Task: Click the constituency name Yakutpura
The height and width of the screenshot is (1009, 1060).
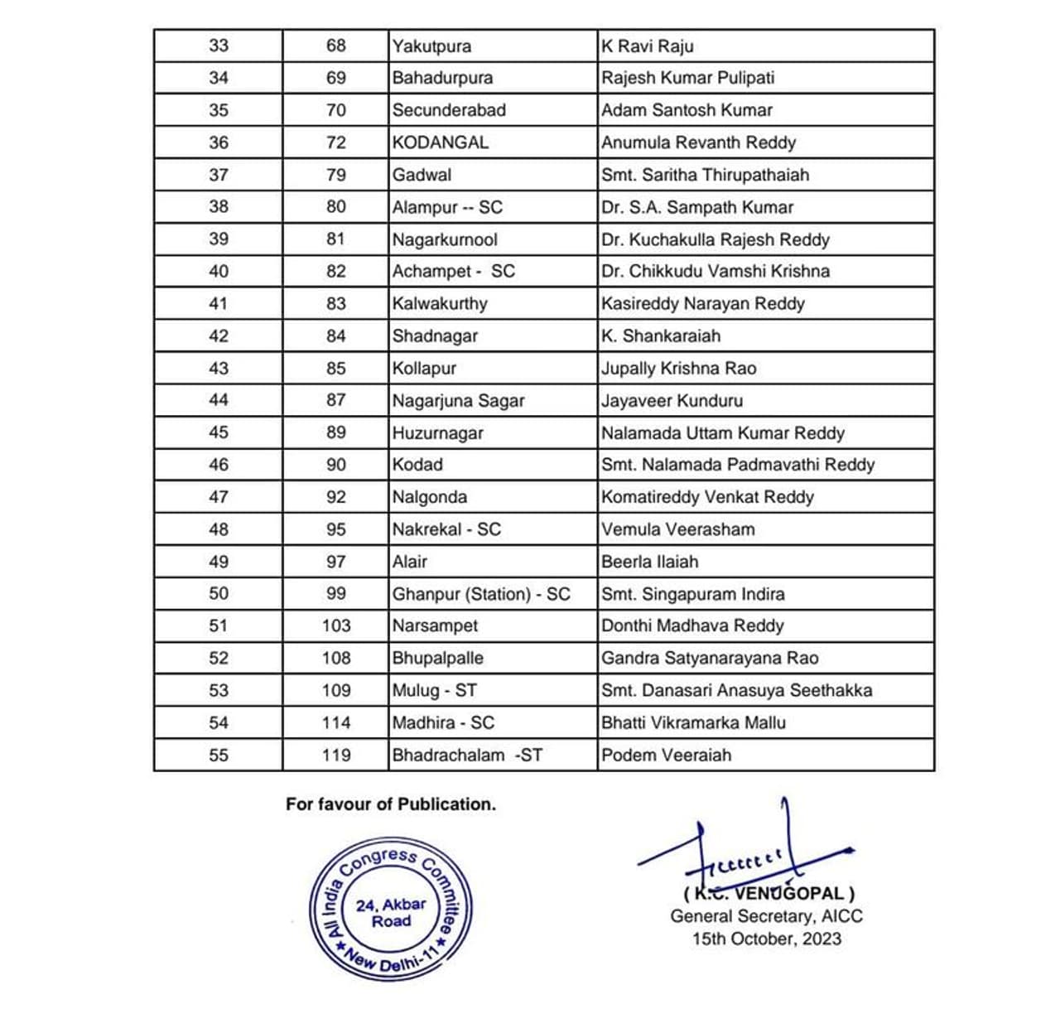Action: pos(431,46)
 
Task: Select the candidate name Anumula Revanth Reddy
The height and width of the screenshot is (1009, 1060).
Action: pos(698,142)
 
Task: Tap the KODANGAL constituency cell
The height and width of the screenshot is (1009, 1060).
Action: pos(441,142)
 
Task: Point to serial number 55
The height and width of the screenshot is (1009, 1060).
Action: pos(219,756)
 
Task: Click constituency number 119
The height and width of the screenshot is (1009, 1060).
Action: pos(336,756)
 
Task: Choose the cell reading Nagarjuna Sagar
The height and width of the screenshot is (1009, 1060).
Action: pos(458,401)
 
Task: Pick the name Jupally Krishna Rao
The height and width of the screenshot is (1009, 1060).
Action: pos(678,369)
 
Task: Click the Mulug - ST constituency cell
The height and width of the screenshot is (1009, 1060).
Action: pos(434,691)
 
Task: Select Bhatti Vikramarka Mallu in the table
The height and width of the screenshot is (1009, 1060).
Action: pos(693,723)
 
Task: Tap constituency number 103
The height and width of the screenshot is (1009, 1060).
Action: pos(336,626)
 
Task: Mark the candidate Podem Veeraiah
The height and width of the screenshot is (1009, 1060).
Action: pos(666,756)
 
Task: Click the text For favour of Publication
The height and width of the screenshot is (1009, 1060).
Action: pos(391,804)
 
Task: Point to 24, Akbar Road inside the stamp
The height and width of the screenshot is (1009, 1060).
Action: pos(391,913)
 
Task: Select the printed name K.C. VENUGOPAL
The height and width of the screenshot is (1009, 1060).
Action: pos(769,894)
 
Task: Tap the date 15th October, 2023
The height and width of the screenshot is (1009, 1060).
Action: pos(767,939)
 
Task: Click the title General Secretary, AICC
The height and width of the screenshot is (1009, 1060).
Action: pos(766,917)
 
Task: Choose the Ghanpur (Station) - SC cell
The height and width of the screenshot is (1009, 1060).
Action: pos(481,594)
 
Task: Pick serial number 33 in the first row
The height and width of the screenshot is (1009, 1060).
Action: pos(219,46)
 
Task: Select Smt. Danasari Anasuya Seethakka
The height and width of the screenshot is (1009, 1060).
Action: pos(736,691)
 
